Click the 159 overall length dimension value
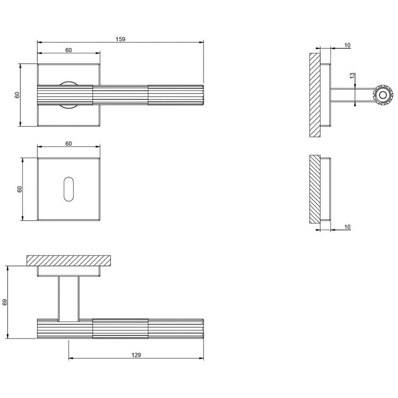point(121,39)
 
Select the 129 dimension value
point(136,355)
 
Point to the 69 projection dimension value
point(5,302)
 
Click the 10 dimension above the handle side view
point(347,45)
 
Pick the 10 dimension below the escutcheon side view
point(347,227)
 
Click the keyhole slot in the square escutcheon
point(68,189)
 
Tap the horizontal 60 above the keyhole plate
point(68,144)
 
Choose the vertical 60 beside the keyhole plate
point(19,189)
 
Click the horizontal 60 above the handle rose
point(68,51)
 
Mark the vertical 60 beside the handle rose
point(17,95)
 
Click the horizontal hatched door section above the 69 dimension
point(69,260)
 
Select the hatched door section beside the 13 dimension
point(314,95)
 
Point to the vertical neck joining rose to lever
point(69,298)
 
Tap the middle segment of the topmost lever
point(121,96)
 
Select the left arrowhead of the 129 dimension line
point(71,359)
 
